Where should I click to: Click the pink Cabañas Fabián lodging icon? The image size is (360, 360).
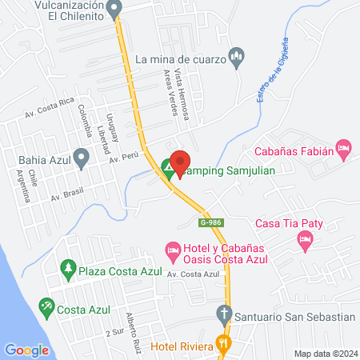(344, 148)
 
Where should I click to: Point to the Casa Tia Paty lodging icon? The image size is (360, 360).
(305, 238)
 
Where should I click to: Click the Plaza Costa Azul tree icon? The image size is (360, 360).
(69, 270)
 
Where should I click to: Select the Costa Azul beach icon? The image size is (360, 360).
(47, 307)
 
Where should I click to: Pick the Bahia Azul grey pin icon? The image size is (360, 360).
(81, 158)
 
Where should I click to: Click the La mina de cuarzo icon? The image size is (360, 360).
(235, 58)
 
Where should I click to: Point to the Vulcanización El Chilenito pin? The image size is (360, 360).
(115, 10)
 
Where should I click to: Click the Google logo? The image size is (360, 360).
(26, 350)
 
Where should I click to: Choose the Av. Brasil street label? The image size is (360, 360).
(66, 194)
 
